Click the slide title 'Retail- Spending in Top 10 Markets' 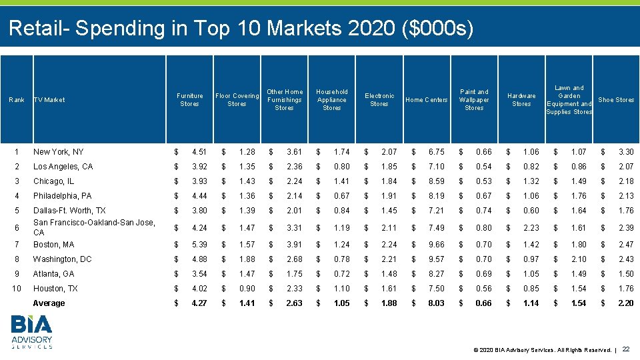point(241,28)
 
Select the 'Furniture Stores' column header point(189,100)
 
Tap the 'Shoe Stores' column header point(616,100)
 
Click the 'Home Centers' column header point(427,100)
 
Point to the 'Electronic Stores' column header point(379,100)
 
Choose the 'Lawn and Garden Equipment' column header point(569,100)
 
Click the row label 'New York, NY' point(58,152)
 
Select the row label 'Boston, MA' point(54,245)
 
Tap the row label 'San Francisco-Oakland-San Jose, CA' point(93,227)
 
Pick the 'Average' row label point(49,303)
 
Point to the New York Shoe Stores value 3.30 point(625,152)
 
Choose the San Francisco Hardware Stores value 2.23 point(531,228)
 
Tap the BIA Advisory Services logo point(32,332)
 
